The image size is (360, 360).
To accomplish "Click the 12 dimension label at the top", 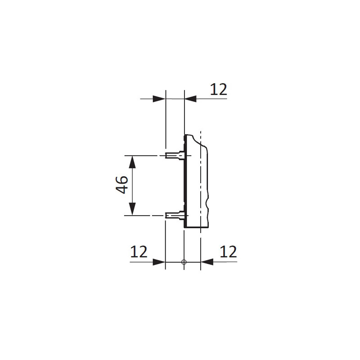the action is coord(219,90).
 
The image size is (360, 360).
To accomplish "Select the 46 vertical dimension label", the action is coord(121,185).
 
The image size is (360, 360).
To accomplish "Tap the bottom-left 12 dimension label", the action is coord(139,252).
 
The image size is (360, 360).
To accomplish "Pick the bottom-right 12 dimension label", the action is coord(228,252).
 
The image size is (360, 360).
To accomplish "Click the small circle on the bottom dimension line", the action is coord(184,262).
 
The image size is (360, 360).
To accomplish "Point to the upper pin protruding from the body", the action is coord(175,155).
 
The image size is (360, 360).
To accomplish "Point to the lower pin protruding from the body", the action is coord(175,216).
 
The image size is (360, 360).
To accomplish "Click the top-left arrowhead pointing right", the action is coord(159,99).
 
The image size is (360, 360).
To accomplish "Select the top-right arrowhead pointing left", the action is coord(190,99).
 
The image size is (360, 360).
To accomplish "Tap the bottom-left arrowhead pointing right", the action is coord(159,262).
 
